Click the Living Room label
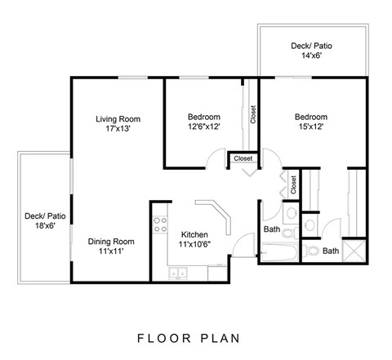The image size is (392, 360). click(x=114, y=118)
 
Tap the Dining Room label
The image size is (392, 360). click(x=111, y=242)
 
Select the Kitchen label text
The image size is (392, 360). click(x=195, y=233)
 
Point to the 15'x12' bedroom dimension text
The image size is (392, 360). click(x=310, y=127)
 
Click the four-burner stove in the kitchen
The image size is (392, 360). click(x=159, y=221)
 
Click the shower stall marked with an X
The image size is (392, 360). click(x=354, y=250)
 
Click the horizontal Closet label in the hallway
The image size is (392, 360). click(x=243, y=158)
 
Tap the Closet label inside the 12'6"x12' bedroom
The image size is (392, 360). click(x=254, y=117)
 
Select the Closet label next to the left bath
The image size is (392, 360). click(x=293, y=185)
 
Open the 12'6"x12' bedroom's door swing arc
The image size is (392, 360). click(x=216, y=159)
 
